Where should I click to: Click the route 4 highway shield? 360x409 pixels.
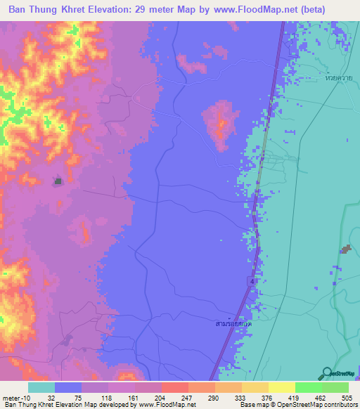[x=251, y=281]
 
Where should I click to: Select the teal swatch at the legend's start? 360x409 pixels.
[x=41, y=387]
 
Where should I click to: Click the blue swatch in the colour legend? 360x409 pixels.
[x=67, y=387]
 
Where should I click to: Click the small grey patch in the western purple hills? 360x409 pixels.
[x=58, y=181]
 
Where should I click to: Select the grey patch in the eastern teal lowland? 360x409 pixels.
[x=345, y=249]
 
